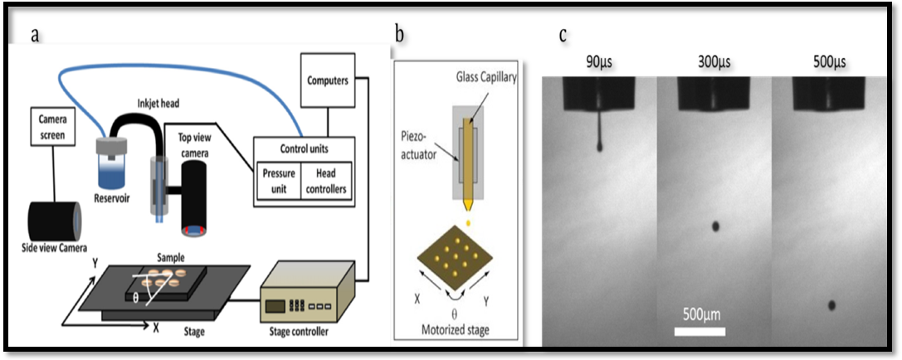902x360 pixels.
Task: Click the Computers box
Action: click(x=327, y=80)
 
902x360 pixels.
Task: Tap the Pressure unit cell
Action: click(x=278, y=180)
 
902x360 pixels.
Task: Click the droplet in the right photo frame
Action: click(x=831, y=305)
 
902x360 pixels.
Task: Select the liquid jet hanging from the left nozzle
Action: click(x=598, y=133)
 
